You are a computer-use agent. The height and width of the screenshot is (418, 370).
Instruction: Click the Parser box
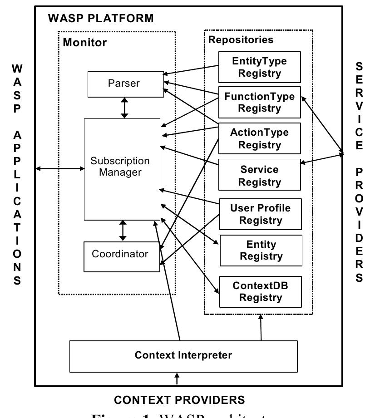click(x=125, y=84)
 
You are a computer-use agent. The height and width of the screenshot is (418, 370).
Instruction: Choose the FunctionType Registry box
click(x=259, y=103)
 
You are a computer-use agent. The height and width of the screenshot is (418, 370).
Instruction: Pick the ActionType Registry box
click(x=259, y=139)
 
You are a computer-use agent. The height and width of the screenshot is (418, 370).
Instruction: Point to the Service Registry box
click(x=259, y=175)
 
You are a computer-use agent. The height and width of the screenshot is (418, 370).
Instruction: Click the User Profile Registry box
click(x=260, y=214)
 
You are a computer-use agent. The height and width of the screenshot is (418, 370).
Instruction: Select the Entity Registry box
click(x=261, y=250)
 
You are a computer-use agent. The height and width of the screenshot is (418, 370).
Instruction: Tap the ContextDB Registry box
click(x=260, y=292)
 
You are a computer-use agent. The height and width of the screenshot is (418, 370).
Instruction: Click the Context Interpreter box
click(x=183, y=356)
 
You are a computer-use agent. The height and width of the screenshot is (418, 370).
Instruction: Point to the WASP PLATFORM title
click(x=100, y=19)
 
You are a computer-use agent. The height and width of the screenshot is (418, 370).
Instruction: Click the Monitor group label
click(x=85, y=43)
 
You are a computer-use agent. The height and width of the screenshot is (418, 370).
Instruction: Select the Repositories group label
click(x=241, y=39)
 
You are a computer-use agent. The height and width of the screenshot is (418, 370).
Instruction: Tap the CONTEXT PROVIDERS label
click(x=179, y=400)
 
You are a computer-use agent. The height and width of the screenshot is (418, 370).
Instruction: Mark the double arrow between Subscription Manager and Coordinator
click(x=122, y=231)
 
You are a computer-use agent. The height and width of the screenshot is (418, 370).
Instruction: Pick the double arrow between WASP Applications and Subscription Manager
click(x=60, y=169)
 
